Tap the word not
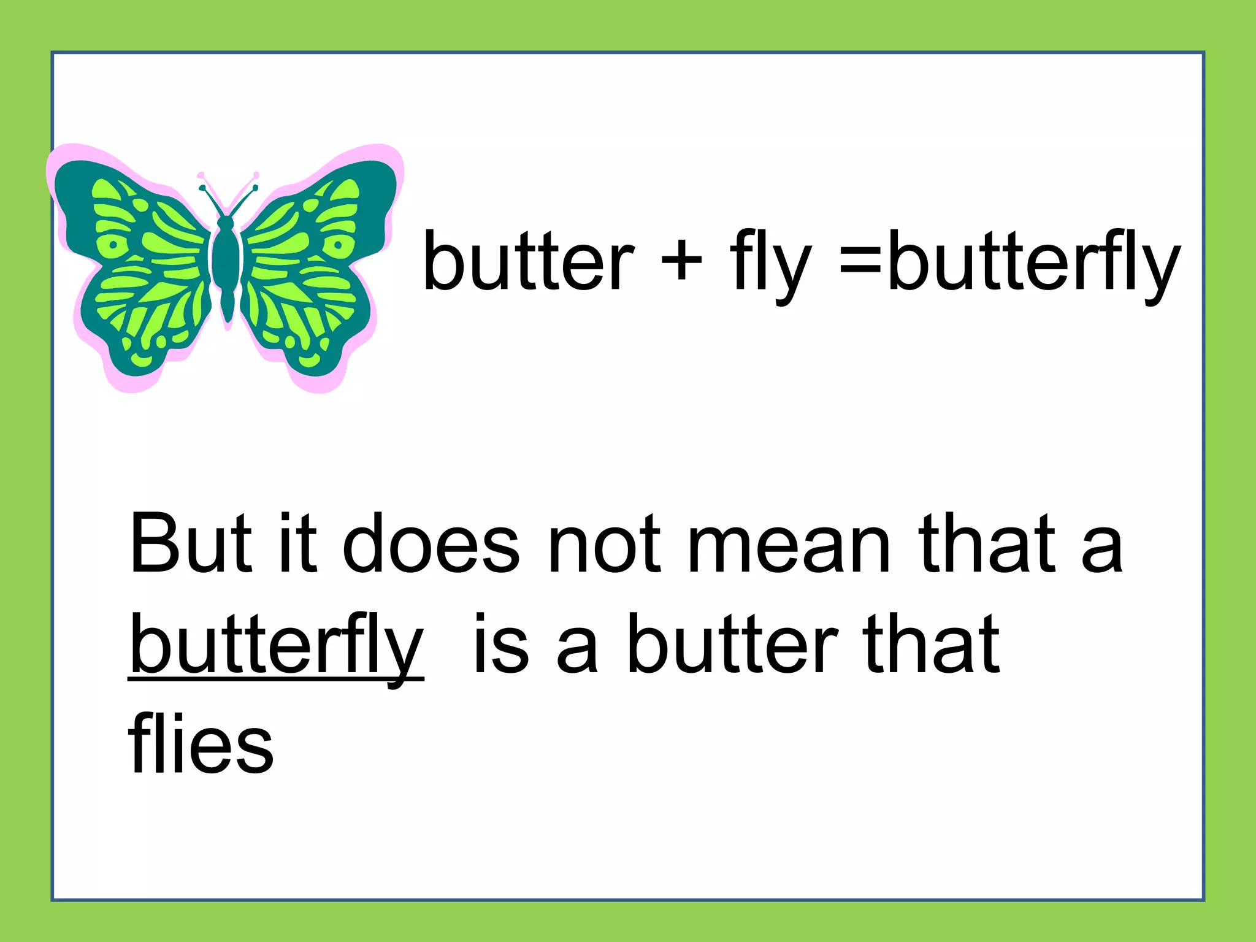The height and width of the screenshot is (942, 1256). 604,546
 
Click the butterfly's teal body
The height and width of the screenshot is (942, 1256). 226,264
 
